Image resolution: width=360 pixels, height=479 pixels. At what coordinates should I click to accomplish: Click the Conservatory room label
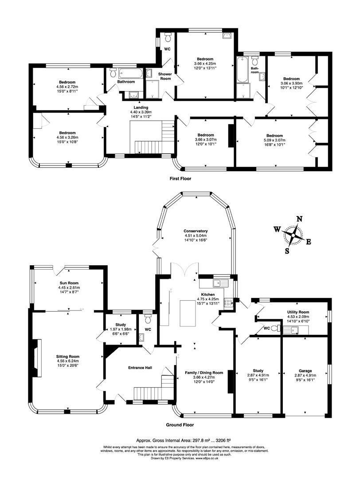tap(196, 231)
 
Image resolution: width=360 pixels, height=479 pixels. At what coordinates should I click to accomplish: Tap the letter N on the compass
tap(300, 219)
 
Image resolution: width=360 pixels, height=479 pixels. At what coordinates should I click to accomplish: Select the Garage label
tap(305, 371)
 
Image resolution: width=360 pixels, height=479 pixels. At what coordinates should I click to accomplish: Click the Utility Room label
tap(298, 312)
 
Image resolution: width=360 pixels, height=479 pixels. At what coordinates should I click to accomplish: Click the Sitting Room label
tap(67, 357)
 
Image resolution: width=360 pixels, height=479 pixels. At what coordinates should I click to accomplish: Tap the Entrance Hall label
tap(140, 368)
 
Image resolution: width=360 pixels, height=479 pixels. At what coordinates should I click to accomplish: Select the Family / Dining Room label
tap(204, 373)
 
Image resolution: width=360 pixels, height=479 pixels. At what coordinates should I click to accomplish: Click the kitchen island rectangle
tap(186, 314)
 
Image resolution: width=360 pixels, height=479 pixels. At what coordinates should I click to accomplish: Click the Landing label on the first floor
tap(141, 107)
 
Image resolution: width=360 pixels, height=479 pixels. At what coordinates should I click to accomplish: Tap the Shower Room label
tap(165, 76)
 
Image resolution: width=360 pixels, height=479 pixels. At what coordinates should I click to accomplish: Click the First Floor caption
tap(180, 179)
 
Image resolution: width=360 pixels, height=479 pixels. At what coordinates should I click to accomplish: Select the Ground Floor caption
tap(180, 424)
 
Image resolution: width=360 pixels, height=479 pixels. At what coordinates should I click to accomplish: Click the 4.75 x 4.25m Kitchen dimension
tap(207, 299)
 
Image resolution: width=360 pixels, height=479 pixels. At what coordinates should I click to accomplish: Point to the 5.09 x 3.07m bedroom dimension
tap(274, 140)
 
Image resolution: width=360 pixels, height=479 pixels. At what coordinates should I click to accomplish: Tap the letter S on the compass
tap(287, 251)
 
